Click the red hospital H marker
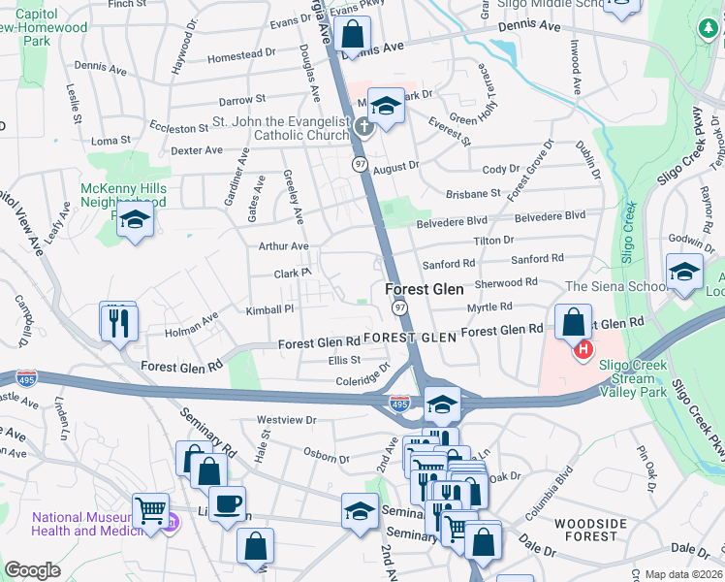(x=583, y=350)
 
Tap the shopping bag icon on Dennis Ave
(x=353, y=34)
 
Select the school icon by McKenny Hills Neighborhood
(x=136, y=221)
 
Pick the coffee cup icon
(x=227, y=505)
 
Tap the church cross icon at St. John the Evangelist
(x=363, y=126)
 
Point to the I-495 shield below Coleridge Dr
(x=398, y=402)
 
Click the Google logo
(x=32, y=570)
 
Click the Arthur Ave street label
(x=283, y=246)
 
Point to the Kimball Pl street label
(x=268, y=308)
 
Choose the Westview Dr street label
(x=287, y=420)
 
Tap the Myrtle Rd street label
(x=489, y=307)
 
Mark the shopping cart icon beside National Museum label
(x=150, y=509)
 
